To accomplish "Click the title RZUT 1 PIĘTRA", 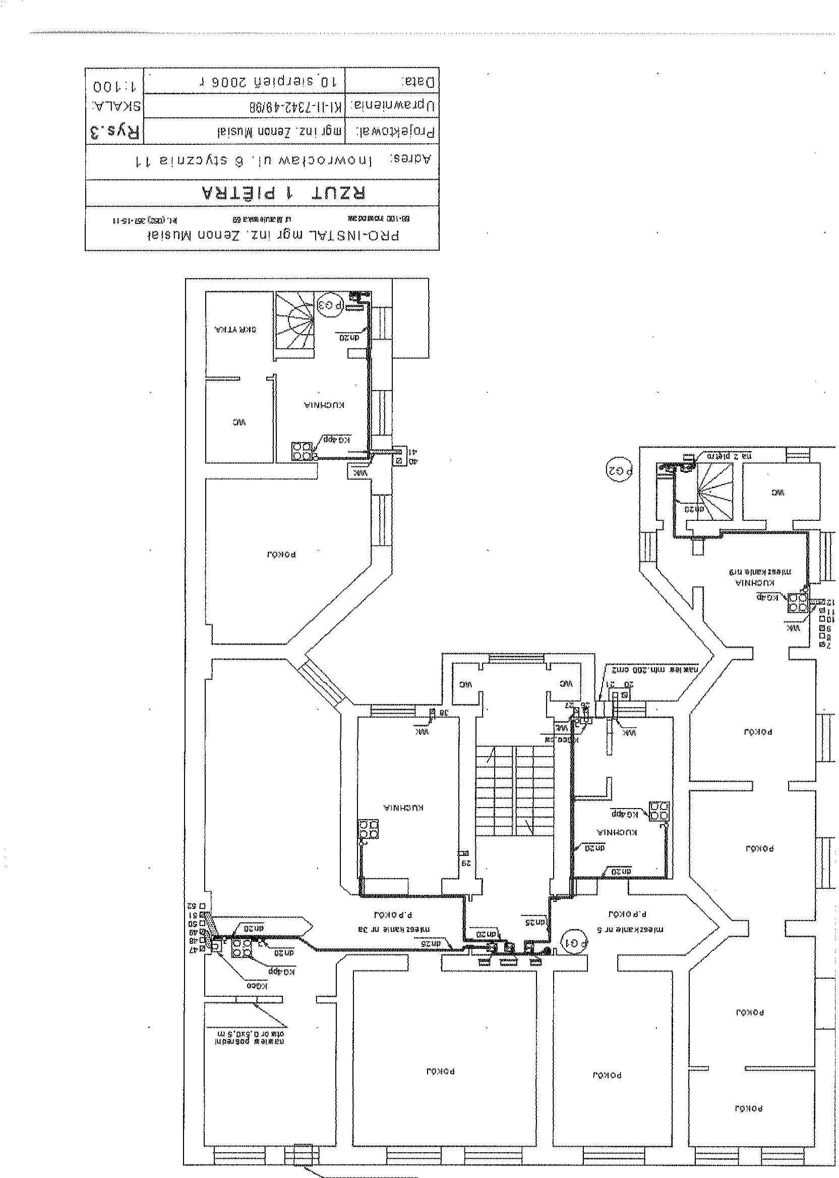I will click(283, 193).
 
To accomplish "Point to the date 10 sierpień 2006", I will click(269, 81).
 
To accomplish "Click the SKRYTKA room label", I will click(235, 330).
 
